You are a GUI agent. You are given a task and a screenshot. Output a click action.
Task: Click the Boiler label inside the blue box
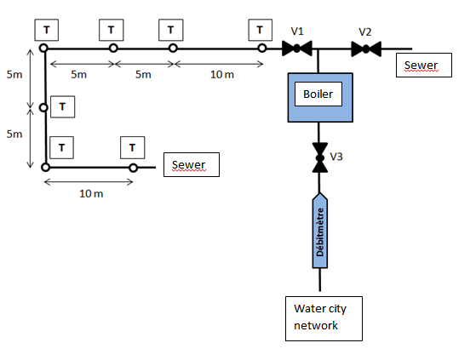[x=318, y=92]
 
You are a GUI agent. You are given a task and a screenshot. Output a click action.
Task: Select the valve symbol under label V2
[x=366, y=49]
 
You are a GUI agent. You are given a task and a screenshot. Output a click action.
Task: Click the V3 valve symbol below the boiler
[x=320, y=157]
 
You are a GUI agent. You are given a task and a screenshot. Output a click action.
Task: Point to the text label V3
[x=337, y=157]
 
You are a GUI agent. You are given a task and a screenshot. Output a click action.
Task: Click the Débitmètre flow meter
[x=320, y=230]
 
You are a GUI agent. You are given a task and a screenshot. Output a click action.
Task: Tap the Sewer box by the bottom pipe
[x=191, y=164]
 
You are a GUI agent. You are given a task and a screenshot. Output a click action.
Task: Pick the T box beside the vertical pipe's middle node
[x=63, y=106]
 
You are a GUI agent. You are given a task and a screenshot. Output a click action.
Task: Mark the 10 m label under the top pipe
[x=221, y=75]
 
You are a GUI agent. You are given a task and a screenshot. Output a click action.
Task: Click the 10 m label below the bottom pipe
[x=91, y=194]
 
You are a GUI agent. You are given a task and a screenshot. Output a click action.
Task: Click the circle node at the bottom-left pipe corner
[x=45, y=168]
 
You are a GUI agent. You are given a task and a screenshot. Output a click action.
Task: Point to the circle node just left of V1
[x=263, y=49]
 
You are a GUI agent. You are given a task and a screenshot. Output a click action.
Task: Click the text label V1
[x=298, y=31]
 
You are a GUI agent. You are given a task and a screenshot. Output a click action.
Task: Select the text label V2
[x=365, y=31]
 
